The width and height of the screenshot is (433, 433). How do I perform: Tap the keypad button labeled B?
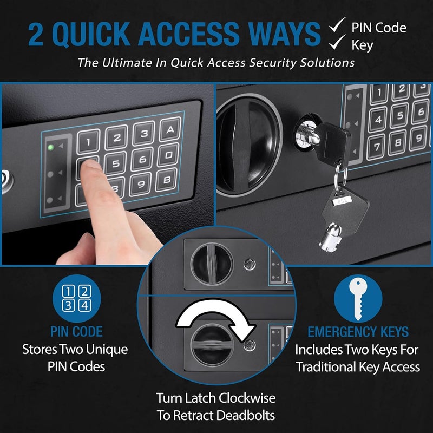(167, 179)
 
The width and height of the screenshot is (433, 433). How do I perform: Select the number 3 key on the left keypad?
(143, 134)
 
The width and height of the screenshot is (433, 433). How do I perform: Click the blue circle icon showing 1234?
(76, 298)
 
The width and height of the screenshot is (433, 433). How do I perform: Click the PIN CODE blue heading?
(76, 331)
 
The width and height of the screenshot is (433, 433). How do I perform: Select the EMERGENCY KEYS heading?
(358, 331)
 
